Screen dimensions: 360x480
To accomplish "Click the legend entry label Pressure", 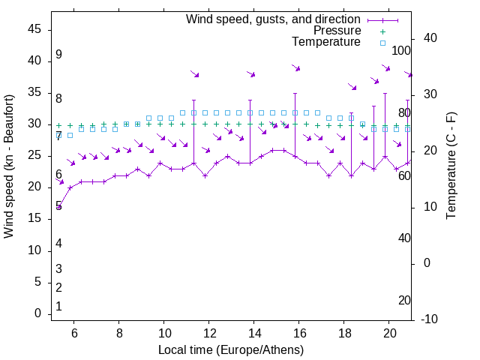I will point(337,31).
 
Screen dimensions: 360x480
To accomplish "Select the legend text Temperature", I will point(326,42).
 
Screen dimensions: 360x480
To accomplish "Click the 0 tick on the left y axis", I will point(37,313).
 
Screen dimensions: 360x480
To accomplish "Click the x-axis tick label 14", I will point(254,333).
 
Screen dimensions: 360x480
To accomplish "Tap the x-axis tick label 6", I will point(74,333).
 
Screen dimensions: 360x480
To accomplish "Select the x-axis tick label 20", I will point(389,333).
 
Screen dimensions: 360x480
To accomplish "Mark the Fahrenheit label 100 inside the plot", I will point(401,50).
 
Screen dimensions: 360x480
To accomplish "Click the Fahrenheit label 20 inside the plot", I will point(404,300).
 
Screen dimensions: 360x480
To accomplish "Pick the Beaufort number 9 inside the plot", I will point(58,55).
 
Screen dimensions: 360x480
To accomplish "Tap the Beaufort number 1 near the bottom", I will point(58,306).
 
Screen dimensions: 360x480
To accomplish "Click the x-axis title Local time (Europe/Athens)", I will point(230,349).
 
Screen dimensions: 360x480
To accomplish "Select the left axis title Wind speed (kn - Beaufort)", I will point(10,166).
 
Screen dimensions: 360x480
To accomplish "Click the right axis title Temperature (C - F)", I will point(451,166).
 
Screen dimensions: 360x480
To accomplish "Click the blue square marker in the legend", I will point(382,43).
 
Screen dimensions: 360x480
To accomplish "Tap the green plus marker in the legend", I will point(382,31).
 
